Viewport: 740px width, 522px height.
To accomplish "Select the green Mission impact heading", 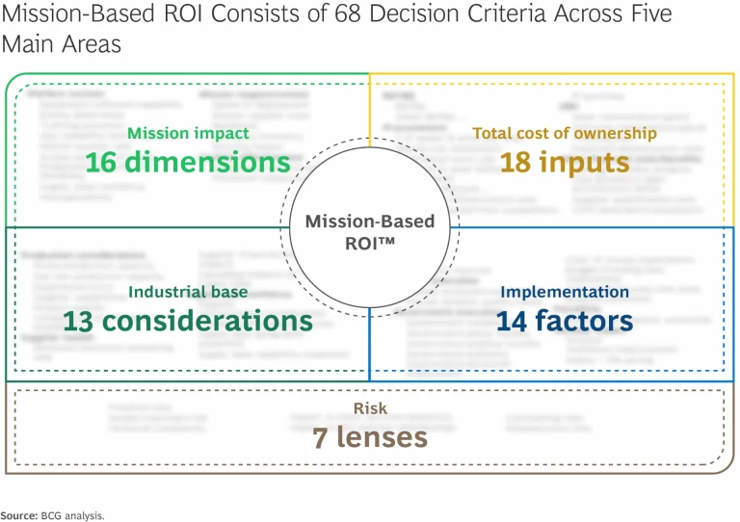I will coord(188,134).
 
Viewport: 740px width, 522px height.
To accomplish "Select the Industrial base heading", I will coord(188,291).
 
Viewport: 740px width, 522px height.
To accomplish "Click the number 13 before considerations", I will coord(84,320).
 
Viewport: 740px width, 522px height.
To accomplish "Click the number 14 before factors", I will coord(515,320).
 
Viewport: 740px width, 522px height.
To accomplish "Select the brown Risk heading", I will coord(370,409).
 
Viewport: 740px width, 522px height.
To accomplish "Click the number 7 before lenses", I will coord(320,437).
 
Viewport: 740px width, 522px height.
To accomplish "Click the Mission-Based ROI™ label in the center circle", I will coord(370,231).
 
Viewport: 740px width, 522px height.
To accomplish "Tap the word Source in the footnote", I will coord(17,515).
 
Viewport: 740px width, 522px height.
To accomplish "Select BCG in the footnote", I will coord(50,515).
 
